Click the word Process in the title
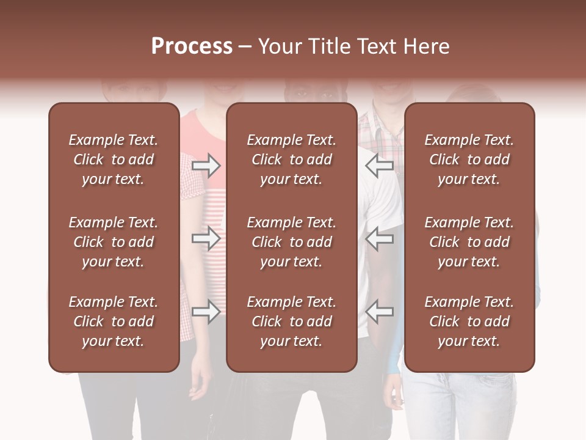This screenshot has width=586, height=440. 192,46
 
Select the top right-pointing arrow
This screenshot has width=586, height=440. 206,166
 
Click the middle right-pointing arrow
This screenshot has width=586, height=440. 206,238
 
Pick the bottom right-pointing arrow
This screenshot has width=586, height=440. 206,312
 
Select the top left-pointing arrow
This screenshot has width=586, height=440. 380,166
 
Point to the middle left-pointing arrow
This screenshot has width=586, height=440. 380,238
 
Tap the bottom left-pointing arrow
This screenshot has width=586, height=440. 380,312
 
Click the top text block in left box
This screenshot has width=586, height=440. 114,159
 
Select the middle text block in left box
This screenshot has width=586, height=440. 114,242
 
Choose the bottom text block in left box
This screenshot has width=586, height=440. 114,321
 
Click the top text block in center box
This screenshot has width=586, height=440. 291,159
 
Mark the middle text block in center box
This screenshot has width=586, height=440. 291,242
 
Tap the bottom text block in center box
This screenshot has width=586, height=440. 291,321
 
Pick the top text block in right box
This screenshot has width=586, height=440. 469,159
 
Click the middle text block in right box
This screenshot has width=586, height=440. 469,242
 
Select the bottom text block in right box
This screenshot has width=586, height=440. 469,321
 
